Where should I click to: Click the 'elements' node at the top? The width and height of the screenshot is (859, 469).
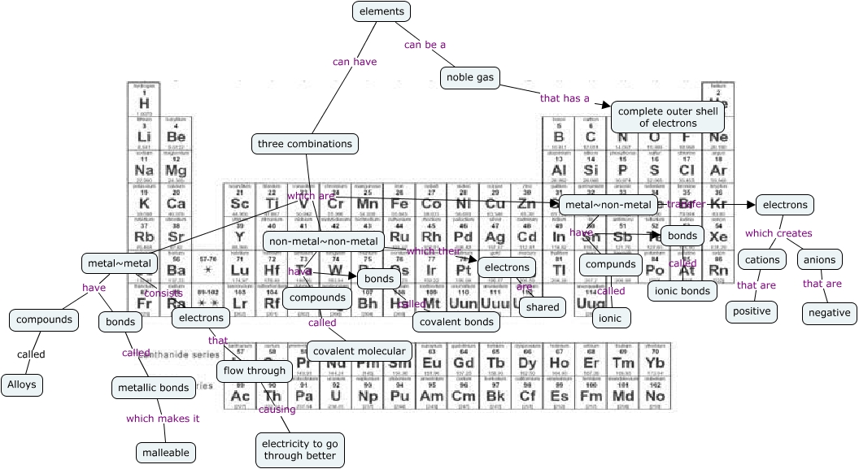[382, 11]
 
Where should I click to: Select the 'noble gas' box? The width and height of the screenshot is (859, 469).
[471, 78]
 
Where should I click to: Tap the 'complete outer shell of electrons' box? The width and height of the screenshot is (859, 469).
[667, 117]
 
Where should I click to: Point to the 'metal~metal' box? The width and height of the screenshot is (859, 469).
[119, 263]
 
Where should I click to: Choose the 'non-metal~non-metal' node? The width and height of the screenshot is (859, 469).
[324, 241]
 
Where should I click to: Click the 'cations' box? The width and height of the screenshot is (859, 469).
[762, 260]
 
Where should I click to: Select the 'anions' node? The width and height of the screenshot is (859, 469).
[819, 260]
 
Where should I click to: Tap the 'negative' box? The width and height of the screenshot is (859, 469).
[830, 313]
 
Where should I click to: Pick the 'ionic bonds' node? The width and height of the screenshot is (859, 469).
[682, 290]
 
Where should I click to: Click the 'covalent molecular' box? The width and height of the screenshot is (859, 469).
[359, 351]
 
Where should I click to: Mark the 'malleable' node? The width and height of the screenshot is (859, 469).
[166, 452]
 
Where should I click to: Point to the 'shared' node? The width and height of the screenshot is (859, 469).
[542, 307]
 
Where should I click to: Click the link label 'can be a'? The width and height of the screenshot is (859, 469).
[425, 45]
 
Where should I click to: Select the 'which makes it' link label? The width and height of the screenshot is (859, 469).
[163, 419]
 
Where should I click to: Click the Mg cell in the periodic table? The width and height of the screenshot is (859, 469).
[176, 171]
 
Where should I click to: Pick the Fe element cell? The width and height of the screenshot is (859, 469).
[399, 203]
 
